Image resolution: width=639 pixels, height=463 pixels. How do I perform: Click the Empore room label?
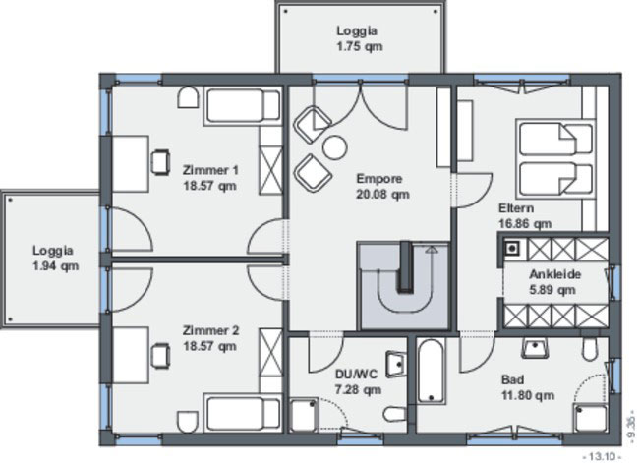pos(379,179)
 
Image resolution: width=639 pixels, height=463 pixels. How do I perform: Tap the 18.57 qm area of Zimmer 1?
pos(209,186)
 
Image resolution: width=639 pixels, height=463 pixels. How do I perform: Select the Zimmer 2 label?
pos(210,330)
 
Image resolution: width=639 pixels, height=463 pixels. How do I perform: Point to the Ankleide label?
pos(554,274)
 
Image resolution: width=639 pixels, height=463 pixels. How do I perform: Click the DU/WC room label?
pos(356,375)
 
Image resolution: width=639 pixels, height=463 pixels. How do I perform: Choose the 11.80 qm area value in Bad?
pos(528,395)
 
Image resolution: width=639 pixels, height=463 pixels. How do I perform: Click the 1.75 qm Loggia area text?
pos(360,46)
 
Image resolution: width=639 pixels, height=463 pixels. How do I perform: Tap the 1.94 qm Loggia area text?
pos(55,266)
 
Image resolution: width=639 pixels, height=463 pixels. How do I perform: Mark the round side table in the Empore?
pos(334,147)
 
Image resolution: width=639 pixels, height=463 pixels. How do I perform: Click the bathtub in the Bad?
pos(432,371)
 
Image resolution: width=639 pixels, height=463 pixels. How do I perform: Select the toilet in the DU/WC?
pos(394,415)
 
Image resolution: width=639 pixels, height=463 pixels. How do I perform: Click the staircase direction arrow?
pos(432,250)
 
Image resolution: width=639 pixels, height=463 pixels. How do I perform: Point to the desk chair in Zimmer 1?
pos(160,162)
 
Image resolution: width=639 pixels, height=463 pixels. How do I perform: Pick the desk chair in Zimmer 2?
pos(160,356)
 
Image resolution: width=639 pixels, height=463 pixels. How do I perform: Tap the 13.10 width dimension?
pos(604,456)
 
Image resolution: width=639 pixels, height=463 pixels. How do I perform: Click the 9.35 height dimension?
pos(631,428)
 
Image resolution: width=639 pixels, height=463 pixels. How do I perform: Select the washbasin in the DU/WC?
pos(396,363)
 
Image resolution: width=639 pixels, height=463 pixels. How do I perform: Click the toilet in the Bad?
pos(589,349)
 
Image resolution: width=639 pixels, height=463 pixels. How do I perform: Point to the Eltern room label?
pos(516,208)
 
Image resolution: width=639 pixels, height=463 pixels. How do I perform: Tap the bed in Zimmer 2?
pos(243,413)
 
